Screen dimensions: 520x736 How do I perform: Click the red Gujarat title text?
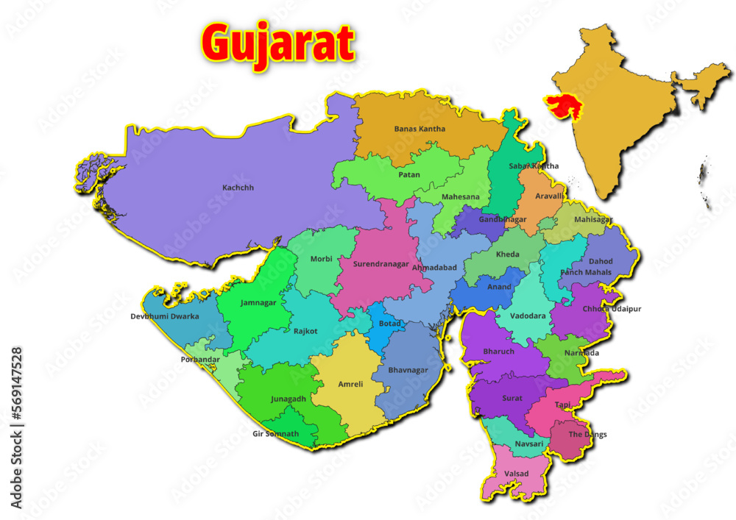coord(278,43)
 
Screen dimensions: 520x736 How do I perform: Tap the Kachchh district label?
coord(238,188)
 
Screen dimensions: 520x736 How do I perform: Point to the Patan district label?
coord(409,175)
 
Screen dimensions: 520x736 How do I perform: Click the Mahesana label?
coord(460,197)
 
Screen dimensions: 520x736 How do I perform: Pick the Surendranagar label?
coord(381,264)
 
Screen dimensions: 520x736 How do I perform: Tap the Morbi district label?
coord(321,259)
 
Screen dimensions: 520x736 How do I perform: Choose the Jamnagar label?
coord(258,302)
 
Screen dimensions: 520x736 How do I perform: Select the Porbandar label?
coord(200,360)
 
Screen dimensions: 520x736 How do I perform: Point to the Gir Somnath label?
coord(275,434)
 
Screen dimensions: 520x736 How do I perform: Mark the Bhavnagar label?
coord(408,370)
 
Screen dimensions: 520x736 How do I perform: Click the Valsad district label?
coord(517,473)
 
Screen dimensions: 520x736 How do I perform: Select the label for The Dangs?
coord(585,435)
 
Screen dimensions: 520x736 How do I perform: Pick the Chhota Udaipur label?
coord(612,309)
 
